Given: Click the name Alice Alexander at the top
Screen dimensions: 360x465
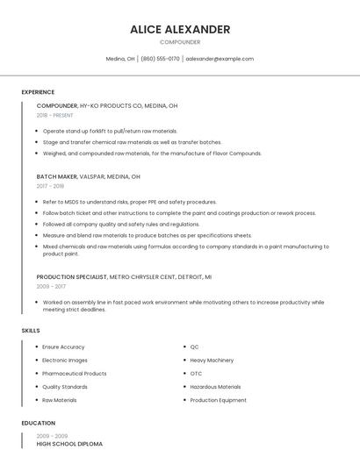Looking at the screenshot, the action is point(180,29).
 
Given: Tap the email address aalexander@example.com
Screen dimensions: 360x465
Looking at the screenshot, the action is point(220,59).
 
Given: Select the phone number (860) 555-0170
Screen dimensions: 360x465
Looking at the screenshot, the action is point(160,59).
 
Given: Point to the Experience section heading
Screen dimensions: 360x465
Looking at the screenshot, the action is point(38,92).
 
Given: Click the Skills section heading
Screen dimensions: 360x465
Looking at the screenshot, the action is point(31,330).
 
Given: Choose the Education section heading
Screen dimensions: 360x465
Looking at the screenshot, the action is point(38,423).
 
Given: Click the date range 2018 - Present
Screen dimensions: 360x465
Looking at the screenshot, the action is point(55,115).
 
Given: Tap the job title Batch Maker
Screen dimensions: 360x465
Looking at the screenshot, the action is point(57,175).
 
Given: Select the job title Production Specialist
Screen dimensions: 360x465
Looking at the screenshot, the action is point(71,276).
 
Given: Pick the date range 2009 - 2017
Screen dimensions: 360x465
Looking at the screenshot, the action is point(51,286).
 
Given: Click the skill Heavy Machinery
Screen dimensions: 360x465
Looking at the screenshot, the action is point(212,360).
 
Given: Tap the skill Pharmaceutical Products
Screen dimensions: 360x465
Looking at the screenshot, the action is point(75,373).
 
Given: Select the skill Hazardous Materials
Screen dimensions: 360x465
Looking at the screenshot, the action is point(215,386).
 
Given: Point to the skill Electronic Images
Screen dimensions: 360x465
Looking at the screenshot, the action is point(65,360).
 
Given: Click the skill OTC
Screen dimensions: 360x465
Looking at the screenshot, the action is point(196,373).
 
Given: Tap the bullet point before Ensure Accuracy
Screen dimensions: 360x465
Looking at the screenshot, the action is point(36,347).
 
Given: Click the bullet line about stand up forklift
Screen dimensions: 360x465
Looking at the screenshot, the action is point(110,131).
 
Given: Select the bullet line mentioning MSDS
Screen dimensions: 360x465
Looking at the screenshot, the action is point(129,202).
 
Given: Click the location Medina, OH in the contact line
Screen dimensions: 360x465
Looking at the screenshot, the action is point(120,59).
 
